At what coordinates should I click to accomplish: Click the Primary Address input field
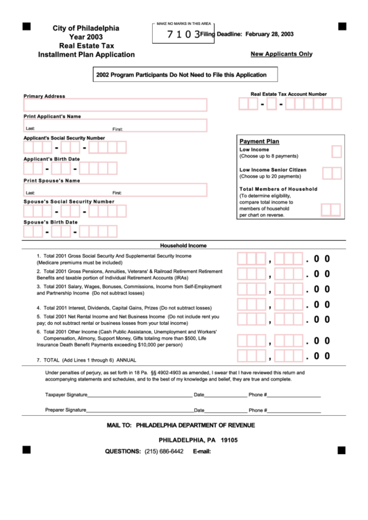pos(115,105)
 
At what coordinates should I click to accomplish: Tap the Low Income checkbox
pos(336,152)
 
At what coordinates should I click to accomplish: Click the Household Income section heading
pos(183,245)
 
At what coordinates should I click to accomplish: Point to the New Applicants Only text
pos(281,53)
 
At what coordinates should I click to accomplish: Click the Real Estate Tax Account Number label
pos(288,94)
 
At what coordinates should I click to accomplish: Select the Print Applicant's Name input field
pos(115,126)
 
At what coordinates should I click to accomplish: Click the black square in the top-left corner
pos(26,26)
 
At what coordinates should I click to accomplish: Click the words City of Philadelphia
pos(86,28)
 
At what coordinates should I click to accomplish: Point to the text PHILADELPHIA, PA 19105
pos(198,440)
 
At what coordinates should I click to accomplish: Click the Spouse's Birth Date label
pos(51,222)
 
